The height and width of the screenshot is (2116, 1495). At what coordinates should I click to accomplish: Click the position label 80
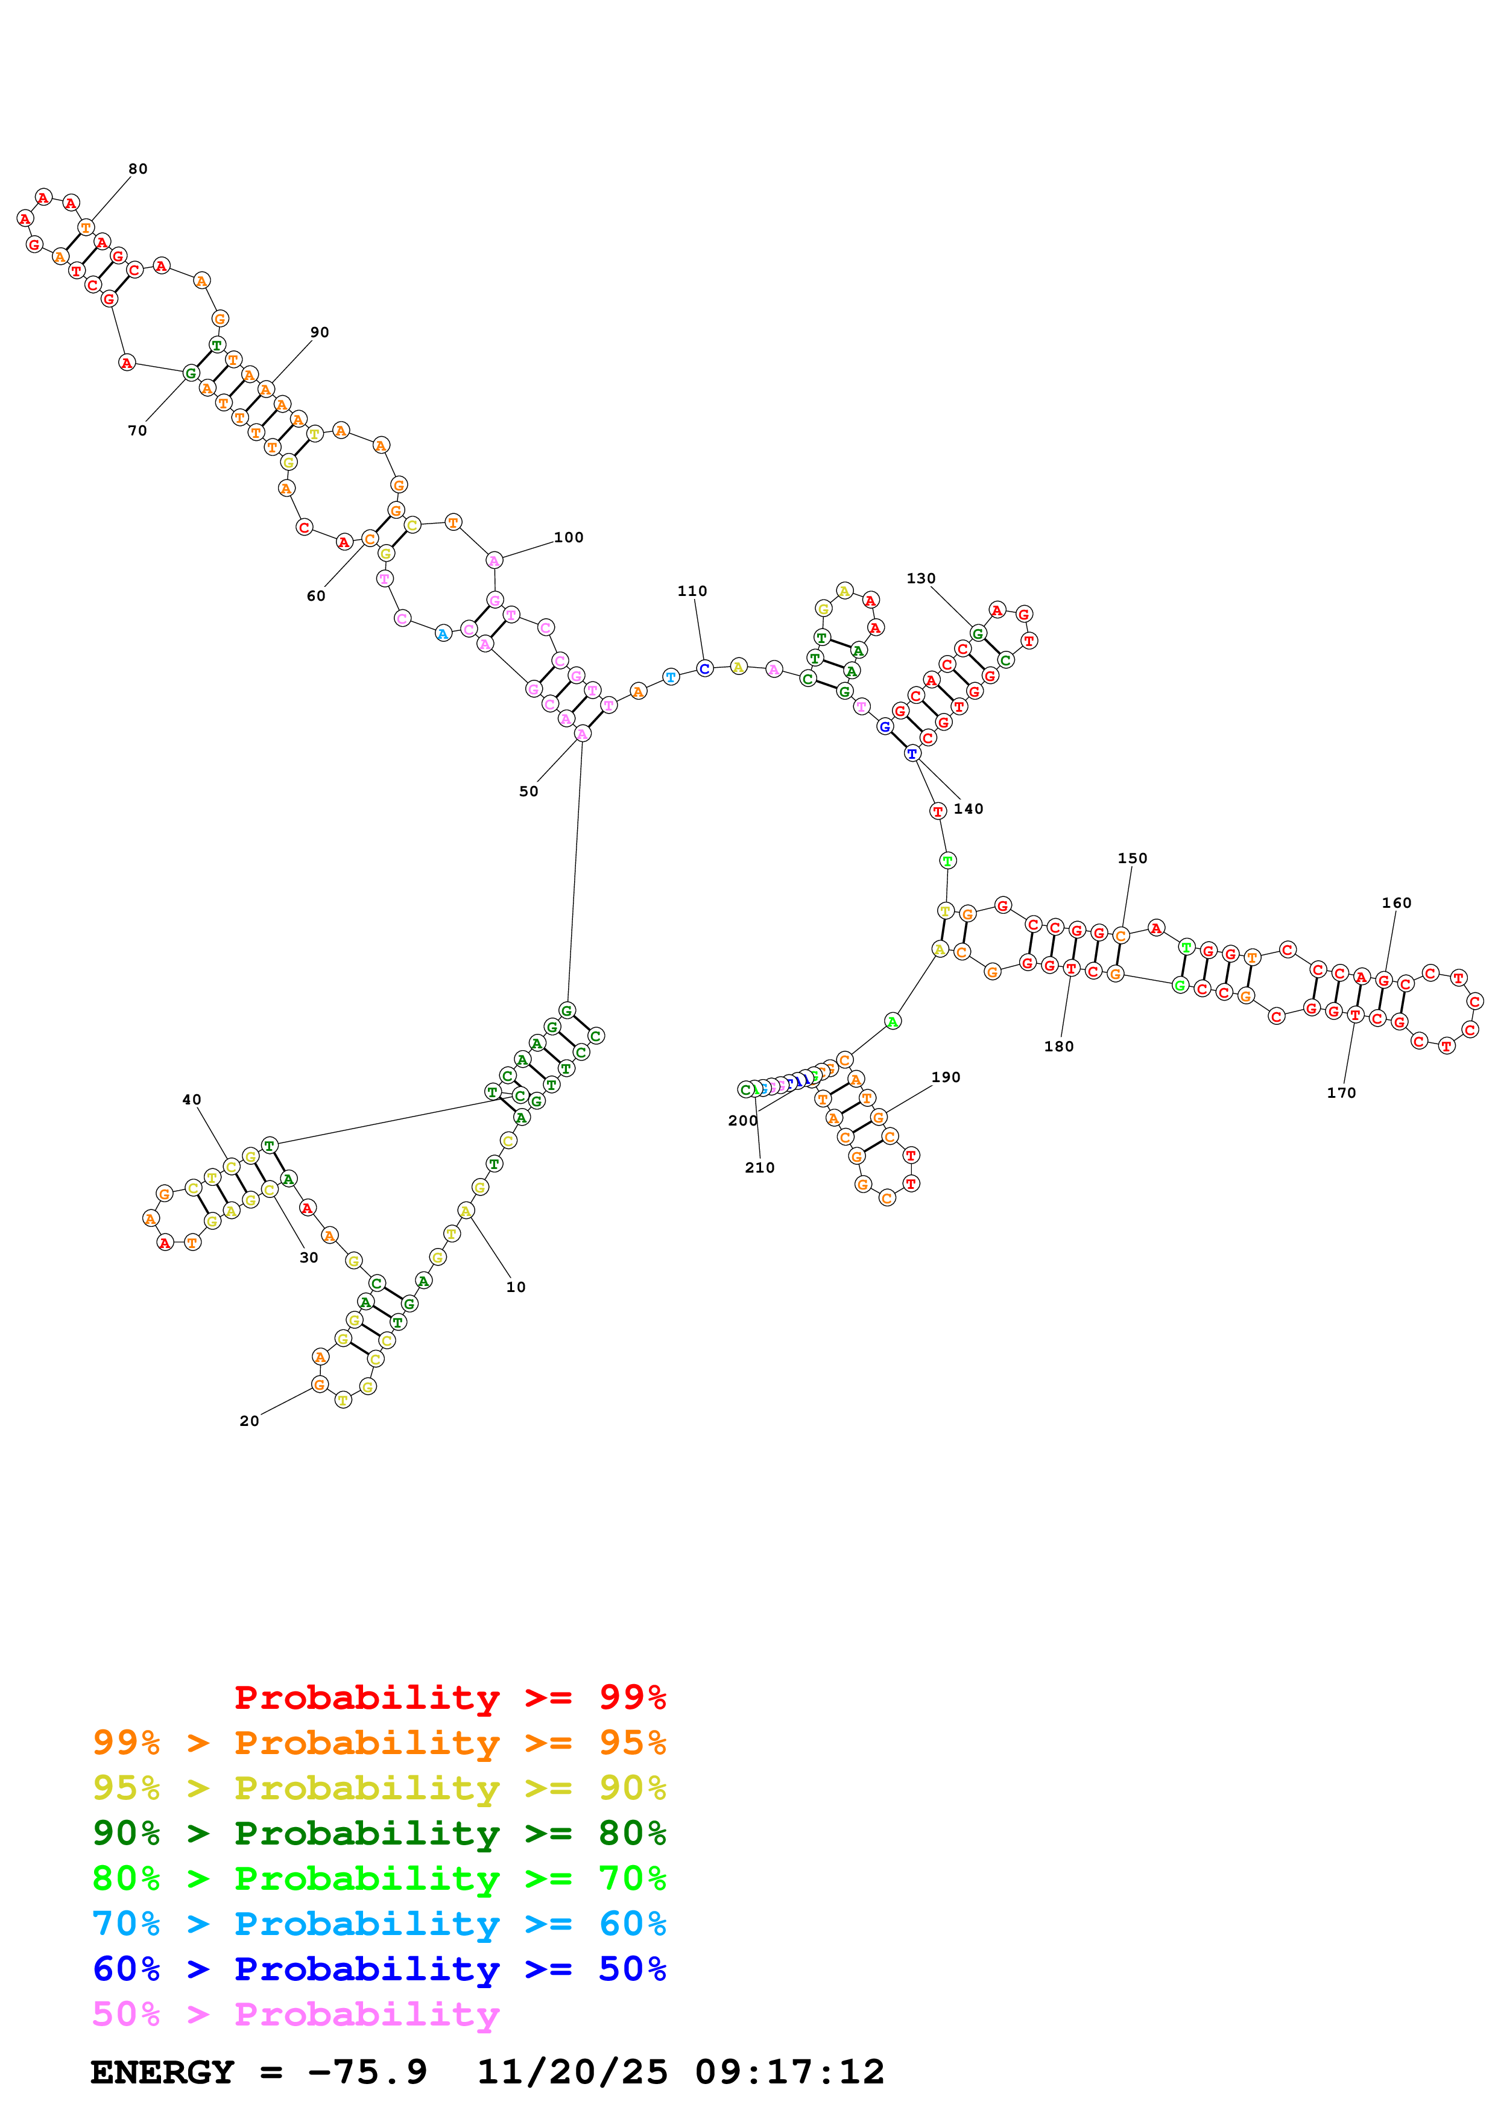pyautogui.click(x=137, y=169)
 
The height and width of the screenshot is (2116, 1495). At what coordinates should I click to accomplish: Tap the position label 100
pyautogui.click(x=568, y=537)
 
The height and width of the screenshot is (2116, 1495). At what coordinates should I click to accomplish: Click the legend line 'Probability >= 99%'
pyautogui.click(x=449, y=1697)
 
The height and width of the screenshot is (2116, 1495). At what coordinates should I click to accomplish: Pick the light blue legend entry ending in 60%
pyautogui.click(x=379, y=1924)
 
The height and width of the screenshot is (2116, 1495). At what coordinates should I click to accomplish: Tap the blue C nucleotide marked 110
pyautogui.click(x=704, y=668)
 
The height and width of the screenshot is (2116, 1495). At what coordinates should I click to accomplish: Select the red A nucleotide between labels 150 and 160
pyautogui.click(x=1156, y=928)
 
